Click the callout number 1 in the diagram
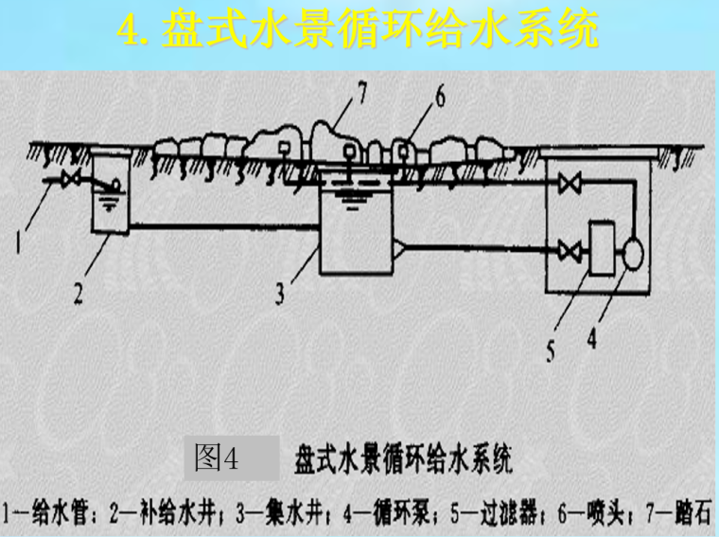tap(18, 242)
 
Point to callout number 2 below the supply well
tap(79, 293)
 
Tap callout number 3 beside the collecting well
tap(280, 294)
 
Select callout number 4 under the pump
tap(592, 339)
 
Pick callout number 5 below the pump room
tap(551, 351)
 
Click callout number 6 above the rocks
tap(440, 97)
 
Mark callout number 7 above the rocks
tap(362, 92)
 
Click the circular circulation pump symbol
tap(633, 254)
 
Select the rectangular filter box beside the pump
tap(602, 248)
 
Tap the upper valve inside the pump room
tap(570, 184)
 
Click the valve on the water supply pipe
tap(72, 179)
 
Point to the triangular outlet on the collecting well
tap(398, 249)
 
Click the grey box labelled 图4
tap(232, 457)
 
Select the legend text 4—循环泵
tap(386, 512)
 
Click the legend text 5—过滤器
tap(494, 512)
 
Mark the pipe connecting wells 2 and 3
tap(224, 226)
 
